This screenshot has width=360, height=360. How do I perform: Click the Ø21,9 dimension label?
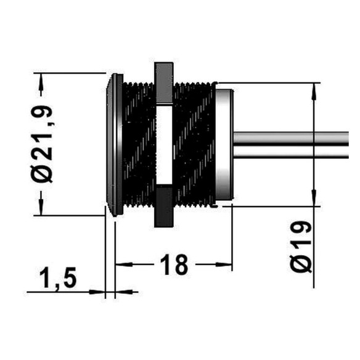[x=42, y=144]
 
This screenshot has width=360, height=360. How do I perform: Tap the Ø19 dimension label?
[x=301, y=247]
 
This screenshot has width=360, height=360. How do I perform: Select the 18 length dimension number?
[x=174, y=264]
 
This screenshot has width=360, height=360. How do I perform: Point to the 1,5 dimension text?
[x=58, y=278]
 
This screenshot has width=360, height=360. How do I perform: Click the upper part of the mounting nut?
[x=163, y=82]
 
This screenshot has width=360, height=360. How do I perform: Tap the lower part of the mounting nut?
[x=163, y=207]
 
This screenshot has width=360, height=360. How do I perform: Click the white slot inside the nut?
[x=165, y=145]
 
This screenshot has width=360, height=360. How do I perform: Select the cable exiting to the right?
[x=291, y=145]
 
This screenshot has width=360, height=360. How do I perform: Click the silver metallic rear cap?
[x=224, y=144]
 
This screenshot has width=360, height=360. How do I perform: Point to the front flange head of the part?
[x=115, y=145]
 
